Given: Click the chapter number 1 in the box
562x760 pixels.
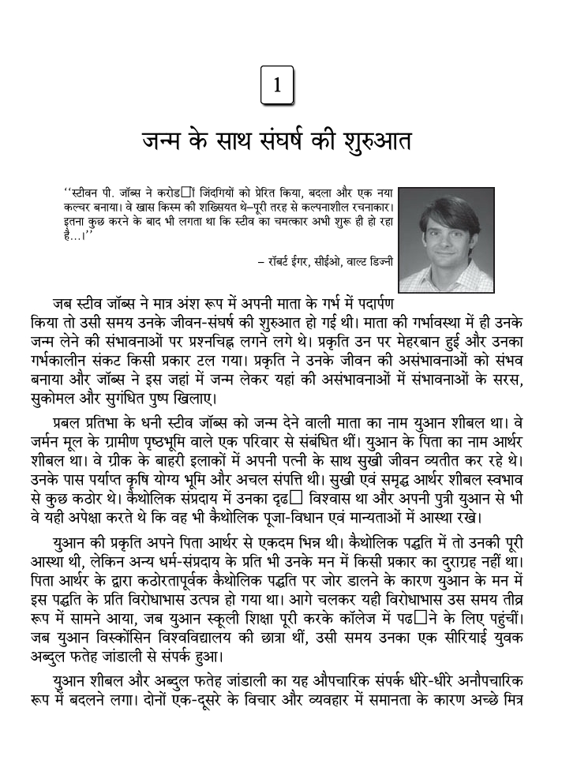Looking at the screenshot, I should tap(277, 86).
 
